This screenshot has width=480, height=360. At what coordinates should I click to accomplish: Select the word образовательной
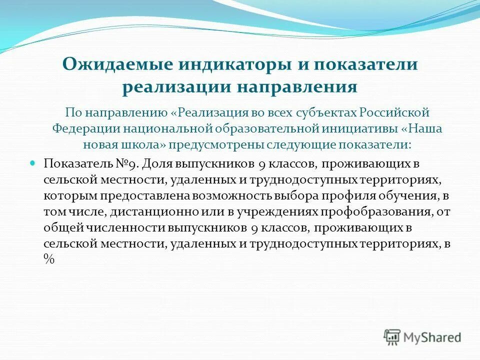265,127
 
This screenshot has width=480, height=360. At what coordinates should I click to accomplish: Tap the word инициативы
359,127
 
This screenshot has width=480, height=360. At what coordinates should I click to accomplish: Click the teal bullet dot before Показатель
34,163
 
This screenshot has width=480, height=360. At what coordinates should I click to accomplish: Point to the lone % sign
48,260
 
